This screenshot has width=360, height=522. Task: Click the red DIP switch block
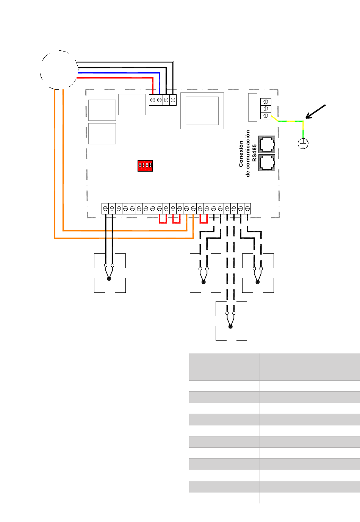145,166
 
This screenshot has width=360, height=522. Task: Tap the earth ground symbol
303,143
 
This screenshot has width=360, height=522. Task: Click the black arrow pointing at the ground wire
315,111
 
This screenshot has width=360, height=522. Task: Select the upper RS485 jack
267,144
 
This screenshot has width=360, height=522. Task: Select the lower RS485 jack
267,163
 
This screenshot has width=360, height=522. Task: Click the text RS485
254,153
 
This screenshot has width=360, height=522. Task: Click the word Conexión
241,153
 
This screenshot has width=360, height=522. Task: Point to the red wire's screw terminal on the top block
152,100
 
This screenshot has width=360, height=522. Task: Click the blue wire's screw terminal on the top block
159,100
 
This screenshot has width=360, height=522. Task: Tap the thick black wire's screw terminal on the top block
166,100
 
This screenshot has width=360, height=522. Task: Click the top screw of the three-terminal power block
266,102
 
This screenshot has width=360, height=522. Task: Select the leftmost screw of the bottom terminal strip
105,209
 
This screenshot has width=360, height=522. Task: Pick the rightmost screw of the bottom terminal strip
247,209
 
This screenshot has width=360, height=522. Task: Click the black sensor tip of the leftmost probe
109,279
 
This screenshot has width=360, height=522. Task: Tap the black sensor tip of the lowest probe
230,327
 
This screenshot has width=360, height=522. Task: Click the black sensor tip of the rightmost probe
257,282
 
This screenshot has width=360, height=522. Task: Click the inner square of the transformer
202,111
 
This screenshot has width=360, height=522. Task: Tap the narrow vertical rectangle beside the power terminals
252,108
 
